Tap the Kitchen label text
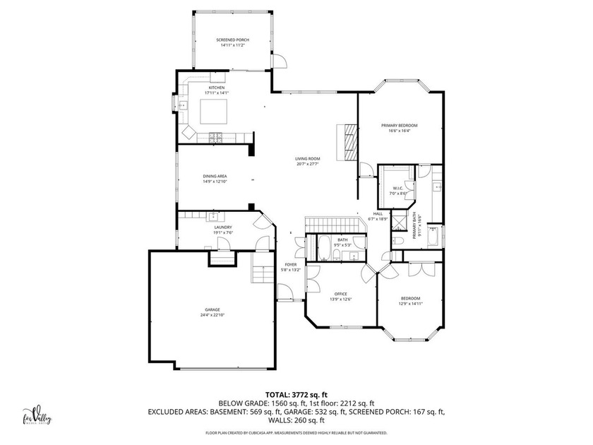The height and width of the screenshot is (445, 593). point(216,88)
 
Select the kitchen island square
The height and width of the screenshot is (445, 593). point(214,111)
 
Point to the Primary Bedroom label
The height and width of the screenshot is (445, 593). point(400,125)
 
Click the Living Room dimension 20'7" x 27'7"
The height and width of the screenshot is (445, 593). point(308,164)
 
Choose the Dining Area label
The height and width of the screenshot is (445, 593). point(215,176)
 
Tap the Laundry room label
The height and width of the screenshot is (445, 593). point(223,227)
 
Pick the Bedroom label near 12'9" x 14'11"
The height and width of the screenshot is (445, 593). point(410,297)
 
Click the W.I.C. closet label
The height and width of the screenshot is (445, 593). point(397,188)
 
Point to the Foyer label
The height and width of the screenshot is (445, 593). point(291,265)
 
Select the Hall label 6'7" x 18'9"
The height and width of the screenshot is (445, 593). point(378,213)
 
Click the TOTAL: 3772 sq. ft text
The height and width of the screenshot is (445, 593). point(296,395)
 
